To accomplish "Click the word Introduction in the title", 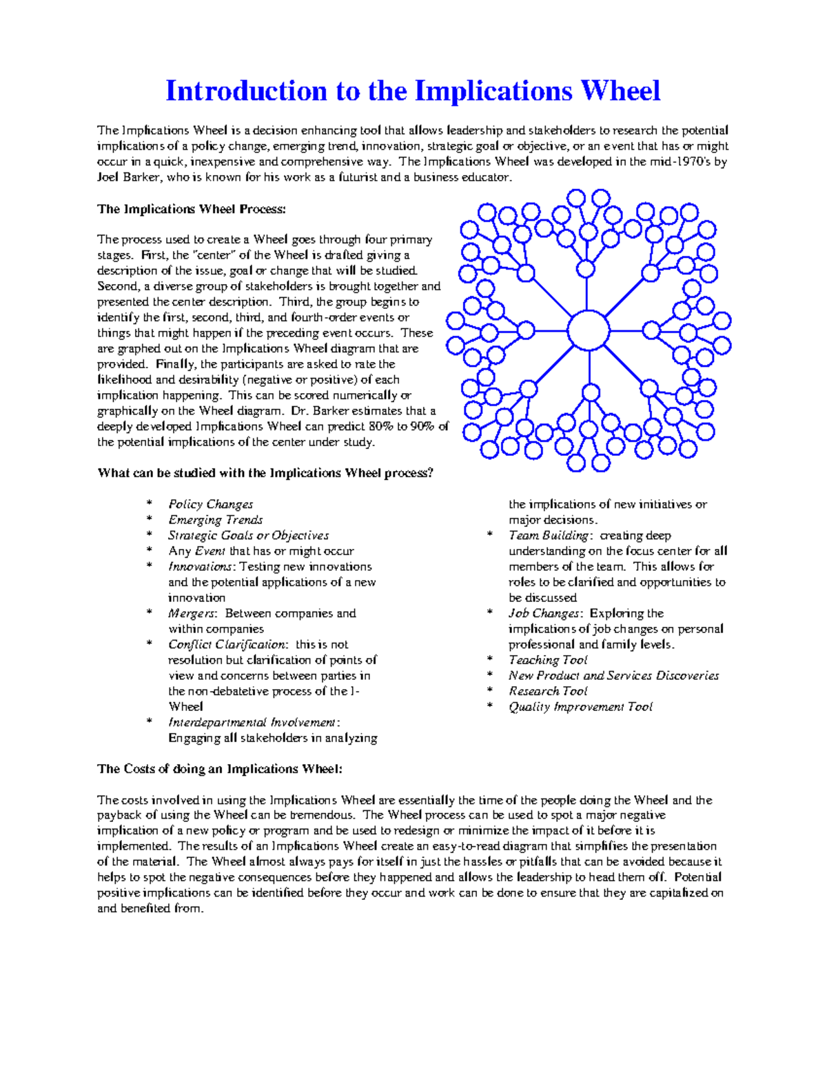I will click(246, 91).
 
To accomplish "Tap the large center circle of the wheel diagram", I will click(589, 330).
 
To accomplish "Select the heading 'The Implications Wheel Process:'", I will click(191, 209).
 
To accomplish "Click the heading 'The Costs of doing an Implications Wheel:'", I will click(219, 769).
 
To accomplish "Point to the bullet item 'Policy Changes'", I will click(210, 504).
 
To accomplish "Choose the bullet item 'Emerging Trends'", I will click(215, 520).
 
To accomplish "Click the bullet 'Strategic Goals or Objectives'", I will click(248, 535).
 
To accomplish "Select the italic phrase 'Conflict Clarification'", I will click(227, 644).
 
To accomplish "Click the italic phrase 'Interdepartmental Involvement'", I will click(252, 722).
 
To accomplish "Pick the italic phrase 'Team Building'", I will click(549, 535).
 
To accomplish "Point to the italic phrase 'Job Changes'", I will click(544, 613).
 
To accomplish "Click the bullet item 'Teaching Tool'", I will click(548, 660).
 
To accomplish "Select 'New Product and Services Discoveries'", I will click(613, 676).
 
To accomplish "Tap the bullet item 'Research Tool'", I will click(548, 691).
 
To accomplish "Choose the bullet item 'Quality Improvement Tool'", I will click(580, 707).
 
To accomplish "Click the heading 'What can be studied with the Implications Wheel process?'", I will click(265, 473).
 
